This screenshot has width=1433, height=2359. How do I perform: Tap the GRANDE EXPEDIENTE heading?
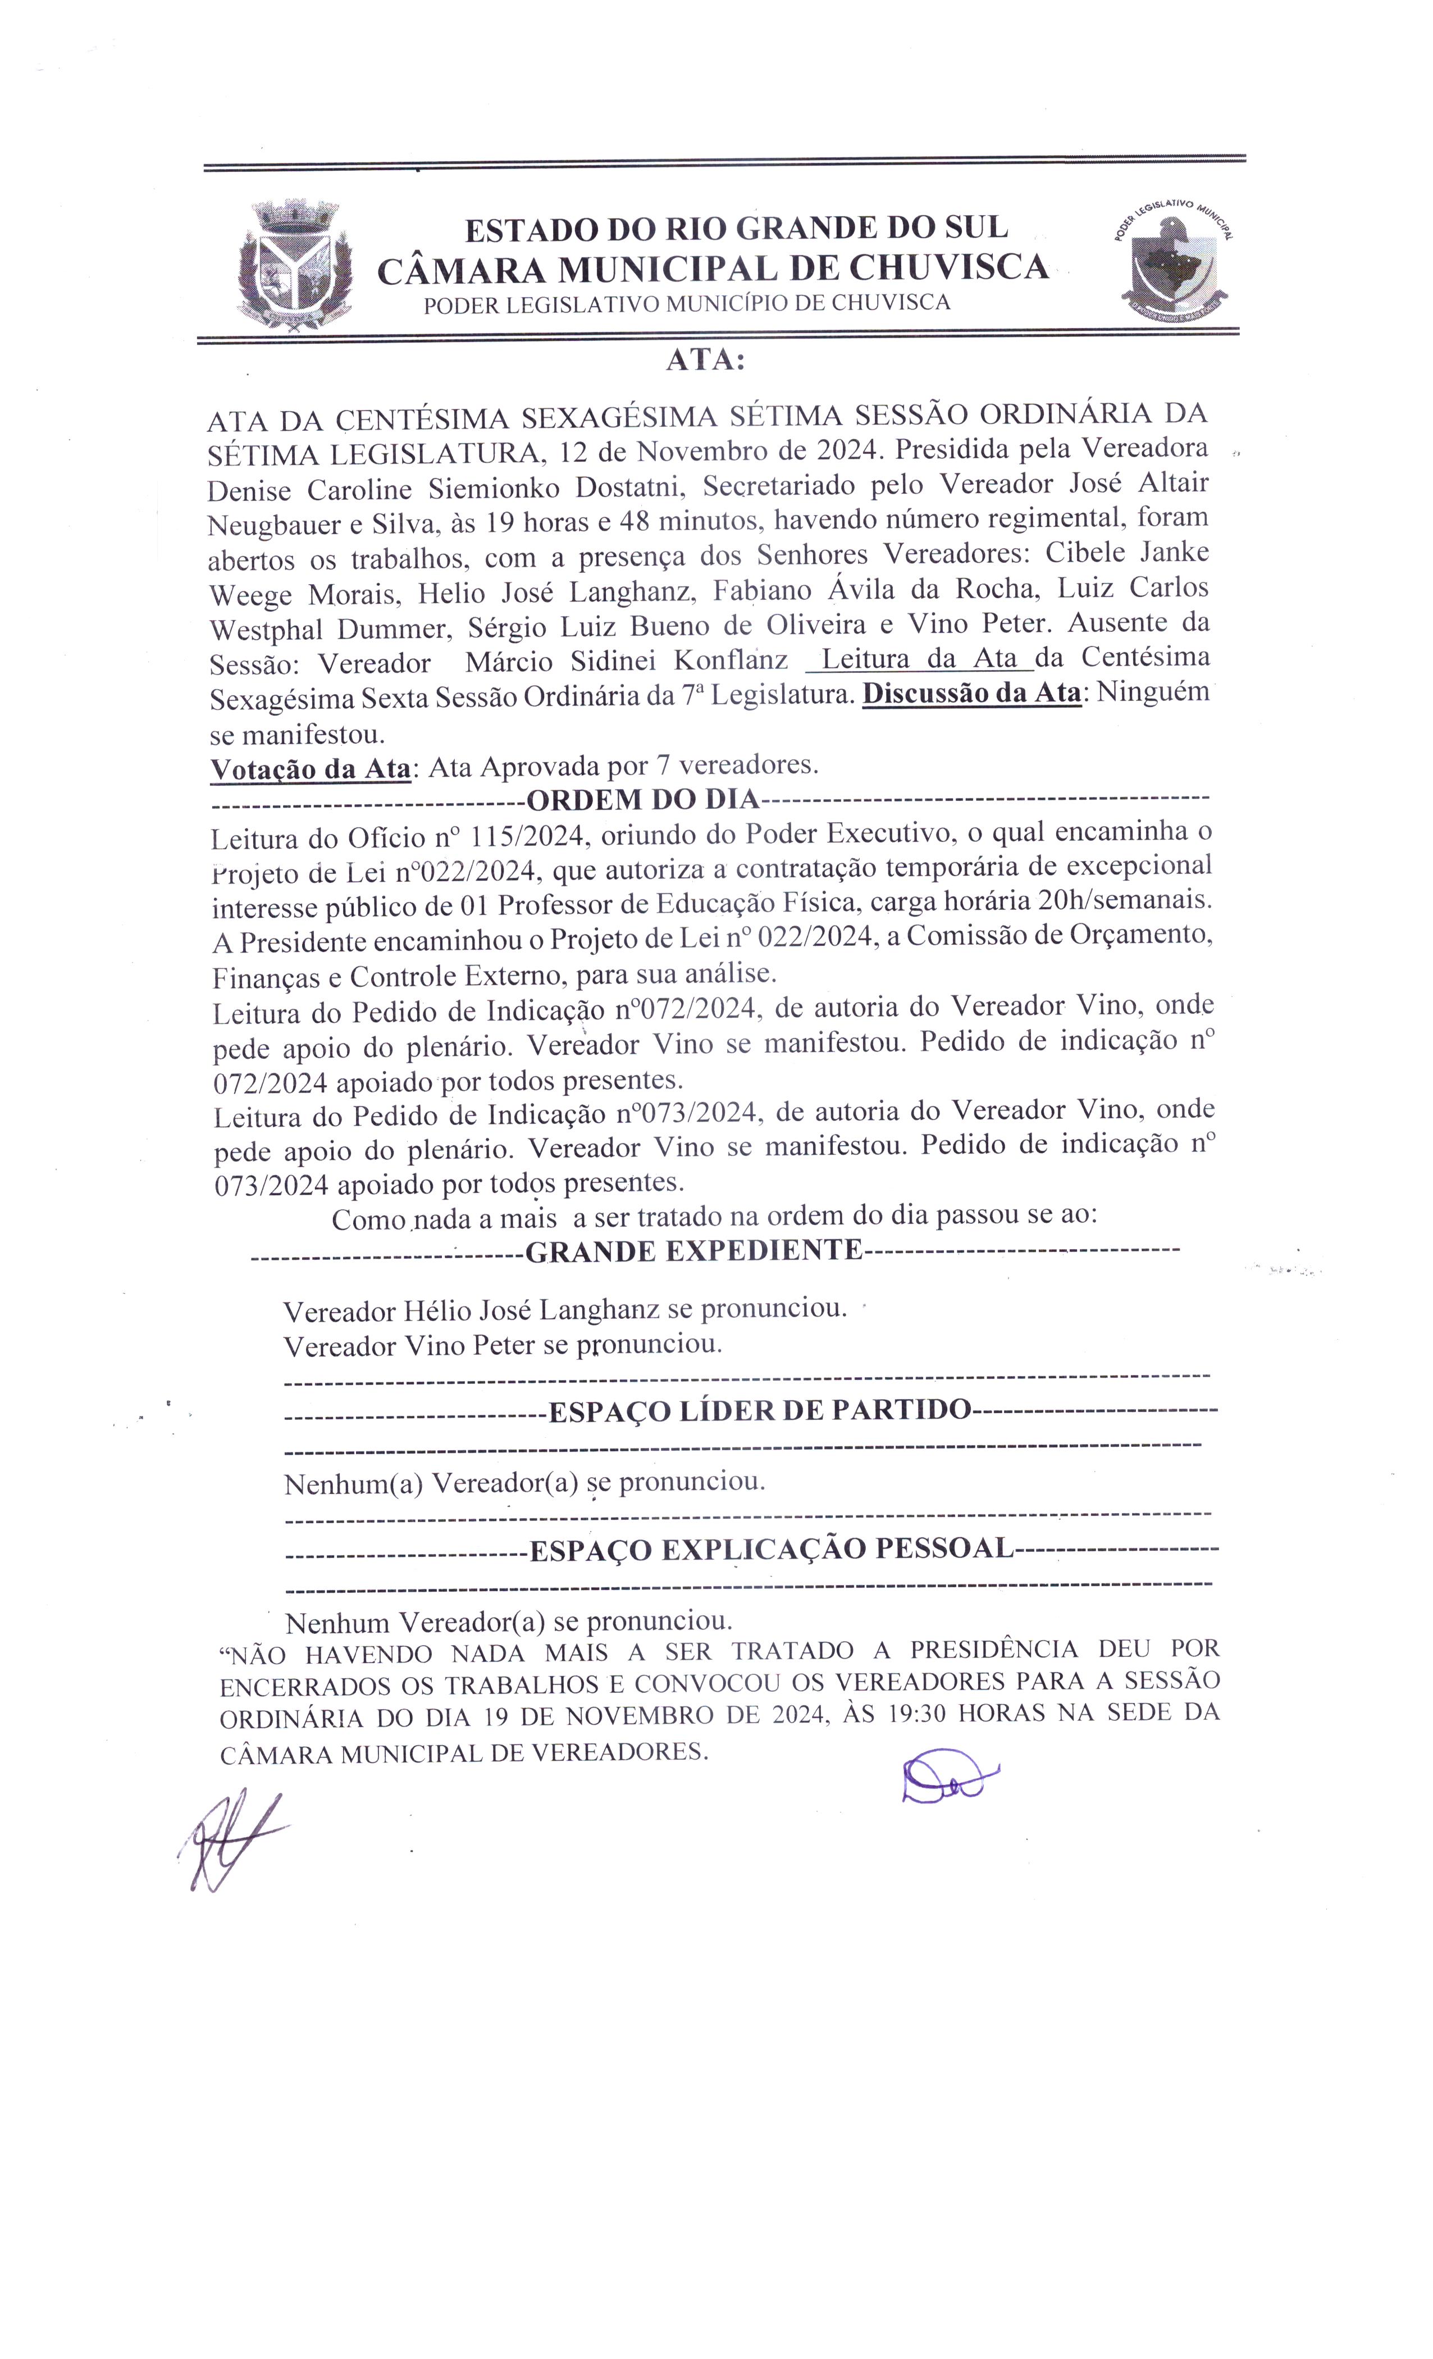pyautogui.click(x=694, y=1250)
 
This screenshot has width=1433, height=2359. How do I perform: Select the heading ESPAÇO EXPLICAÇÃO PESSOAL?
pyautogui.click(x=770, y=1548)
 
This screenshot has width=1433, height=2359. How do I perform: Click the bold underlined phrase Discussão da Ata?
pyautogui.click(x=971, y=693)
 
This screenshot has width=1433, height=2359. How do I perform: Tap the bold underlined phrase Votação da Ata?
pyautogui.click(x=310, y=769)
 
